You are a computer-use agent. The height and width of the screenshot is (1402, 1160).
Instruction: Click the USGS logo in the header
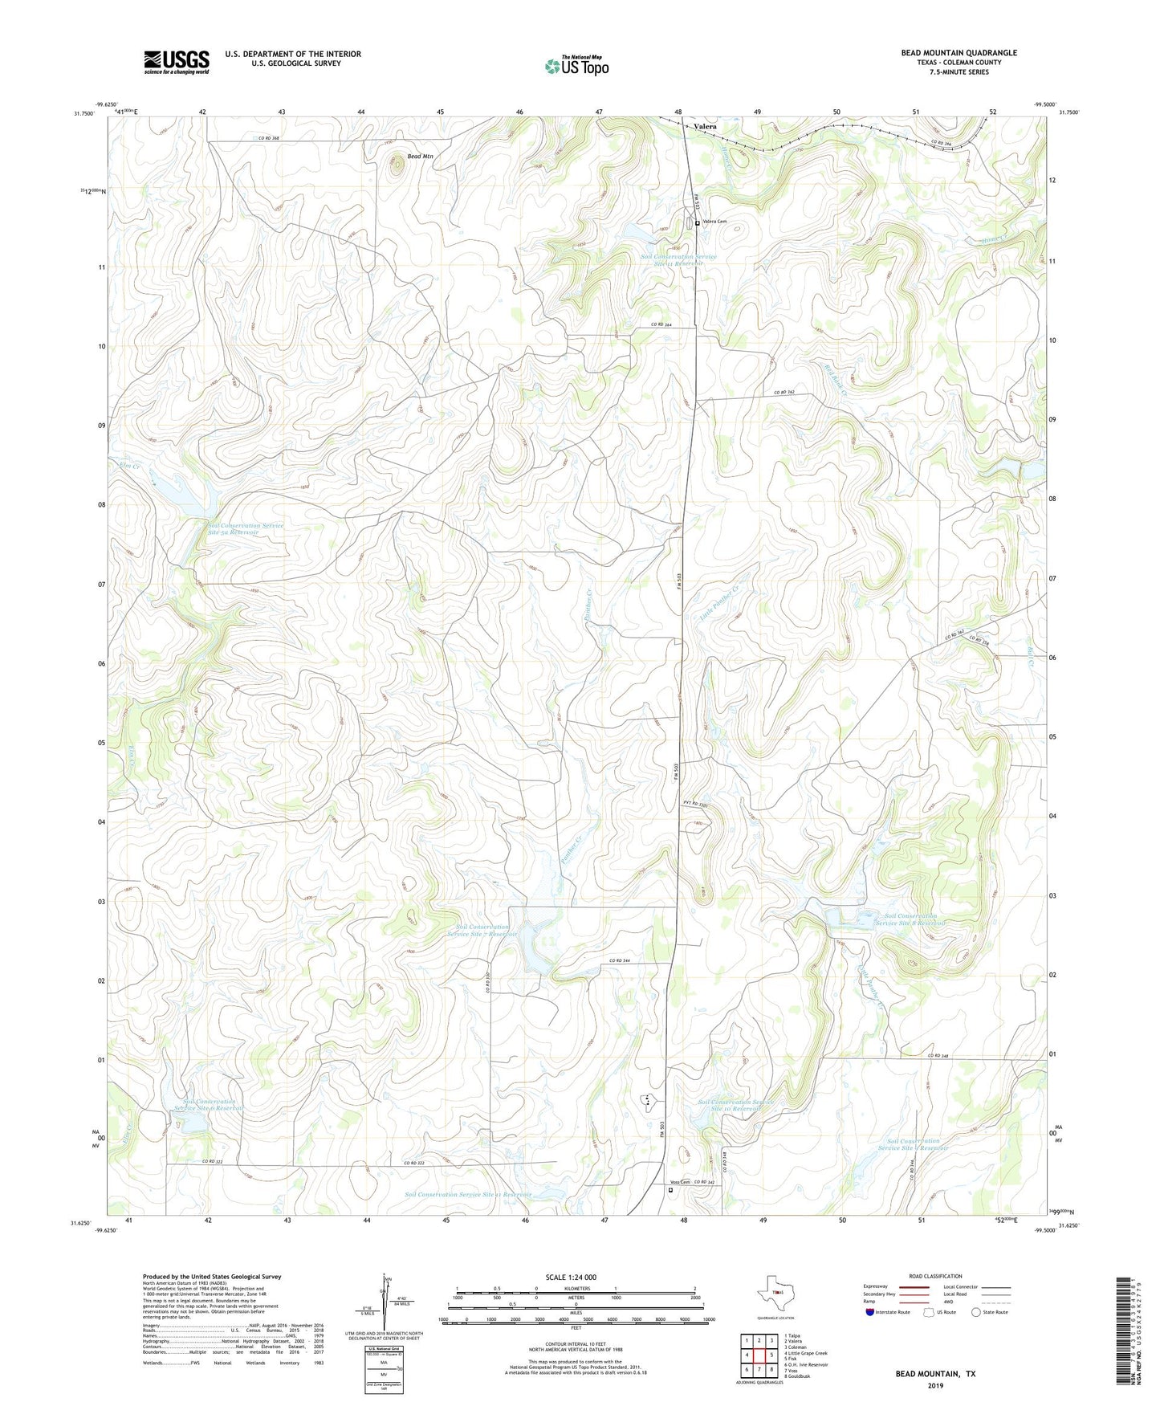pos(177,62)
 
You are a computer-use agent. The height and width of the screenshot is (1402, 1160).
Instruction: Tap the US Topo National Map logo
pos(576,66)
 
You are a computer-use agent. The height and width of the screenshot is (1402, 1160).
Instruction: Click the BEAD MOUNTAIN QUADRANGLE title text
pos(959,53)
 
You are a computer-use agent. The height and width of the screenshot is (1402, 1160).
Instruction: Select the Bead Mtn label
pos(420,156)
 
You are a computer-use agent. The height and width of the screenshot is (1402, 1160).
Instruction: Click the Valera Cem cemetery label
pos(714,222)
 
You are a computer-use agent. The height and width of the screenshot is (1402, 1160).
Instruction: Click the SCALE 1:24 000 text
pos(571,1278)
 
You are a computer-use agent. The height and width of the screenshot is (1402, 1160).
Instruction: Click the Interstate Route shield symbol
pos(870,1312)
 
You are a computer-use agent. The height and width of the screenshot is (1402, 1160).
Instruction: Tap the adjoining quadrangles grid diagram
pos(759,1356)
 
